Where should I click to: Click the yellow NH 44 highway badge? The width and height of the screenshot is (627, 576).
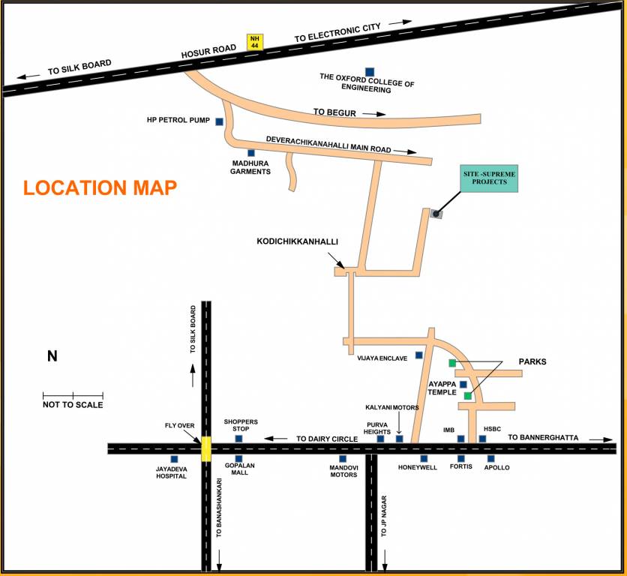255,43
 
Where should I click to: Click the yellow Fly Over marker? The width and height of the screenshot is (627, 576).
205,448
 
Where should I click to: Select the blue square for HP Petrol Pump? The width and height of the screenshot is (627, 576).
219,121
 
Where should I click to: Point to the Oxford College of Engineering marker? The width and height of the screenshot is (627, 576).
369,71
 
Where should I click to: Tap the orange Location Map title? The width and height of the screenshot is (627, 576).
100,187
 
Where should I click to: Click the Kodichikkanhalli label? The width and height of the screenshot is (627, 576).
298,242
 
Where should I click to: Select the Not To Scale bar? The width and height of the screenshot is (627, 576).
73,395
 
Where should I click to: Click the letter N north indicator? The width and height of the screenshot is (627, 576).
52,356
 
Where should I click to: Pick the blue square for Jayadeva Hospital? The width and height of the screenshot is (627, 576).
174,459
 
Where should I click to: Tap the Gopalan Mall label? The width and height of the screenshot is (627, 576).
239,469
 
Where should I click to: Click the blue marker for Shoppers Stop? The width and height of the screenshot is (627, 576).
238,439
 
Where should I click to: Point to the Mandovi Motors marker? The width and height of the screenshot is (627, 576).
343,459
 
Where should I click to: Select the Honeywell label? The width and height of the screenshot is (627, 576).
418,467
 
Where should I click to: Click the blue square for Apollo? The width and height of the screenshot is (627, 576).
491,458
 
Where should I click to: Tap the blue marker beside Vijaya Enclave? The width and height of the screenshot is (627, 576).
418,355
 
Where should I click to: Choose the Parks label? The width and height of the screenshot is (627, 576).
532,361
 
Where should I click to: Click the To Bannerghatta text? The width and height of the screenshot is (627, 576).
545,437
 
